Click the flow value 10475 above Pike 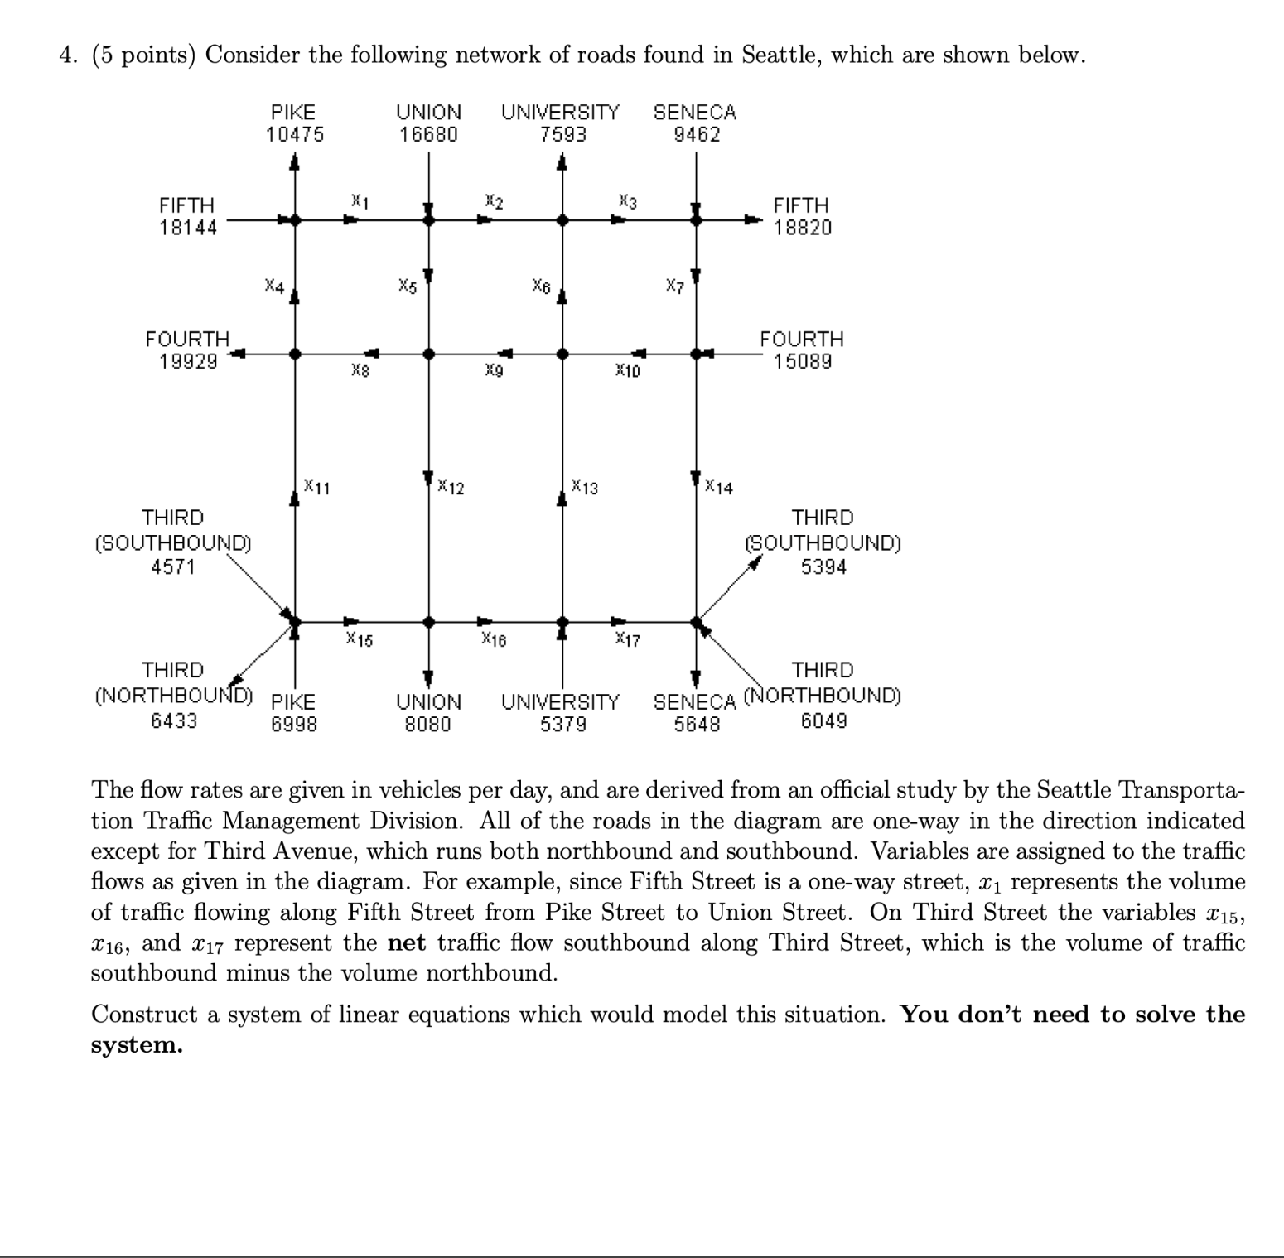click(294, 134)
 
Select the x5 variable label click(407, 287)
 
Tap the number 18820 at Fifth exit click(802, 228)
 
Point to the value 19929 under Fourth click(188, 361)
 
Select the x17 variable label click(627, 639)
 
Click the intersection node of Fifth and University click(562, 220)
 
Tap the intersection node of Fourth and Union click(428, 354)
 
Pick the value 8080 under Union click(427, 725)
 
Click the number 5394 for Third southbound click(823, 567)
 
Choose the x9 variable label click(494, 371)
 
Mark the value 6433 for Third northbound click(174, 721)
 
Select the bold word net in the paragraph click(406, 942)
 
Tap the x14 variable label click(718, 487)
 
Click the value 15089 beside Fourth click(802, 361)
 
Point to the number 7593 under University click(562, 134)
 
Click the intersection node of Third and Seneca click(696, 621)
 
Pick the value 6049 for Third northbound click(823, 721)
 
